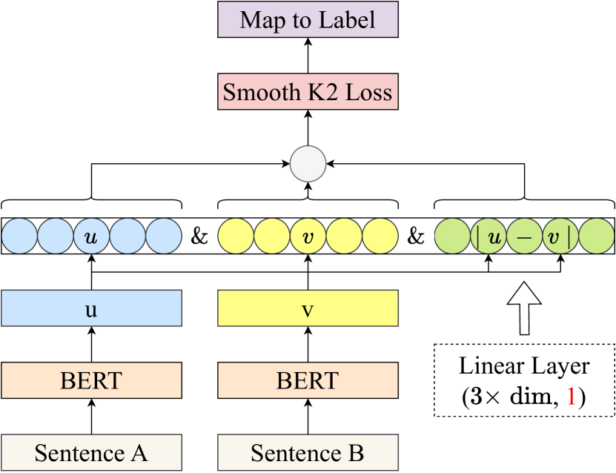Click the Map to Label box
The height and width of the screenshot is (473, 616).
coord(308,20)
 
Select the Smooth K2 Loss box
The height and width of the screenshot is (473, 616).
coord(308,93)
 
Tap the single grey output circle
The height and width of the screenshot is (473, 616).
coord(308,165)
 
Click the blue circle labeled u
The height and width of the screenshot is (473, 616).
coord(91,237)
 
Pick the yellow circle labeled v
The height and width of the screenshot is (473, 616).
coord(308,237)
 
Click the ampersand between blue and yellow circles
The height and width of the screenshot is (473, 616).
coord(199,237)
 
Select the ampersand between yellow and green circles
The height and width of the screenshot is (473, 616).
coord(416,237)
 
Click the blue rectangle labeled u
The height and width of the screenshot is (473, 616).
coord(91,308)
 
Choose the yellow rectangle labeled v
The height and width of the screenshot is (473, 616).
coord(308,308)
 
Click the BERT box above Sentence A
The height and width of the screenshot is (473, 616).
coord(91,380)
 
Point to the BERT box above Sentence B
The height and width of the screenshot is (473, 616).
coord(308,380)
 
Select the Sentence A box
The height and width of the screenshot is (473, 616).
coord(91,452)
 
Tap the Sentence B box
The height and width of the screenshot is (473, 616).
coord(308,452)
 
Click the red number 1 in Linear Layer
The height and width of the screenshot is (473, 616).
coord(572,397)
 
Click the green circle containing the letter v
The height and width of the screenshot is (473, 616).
coord(553,238)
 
